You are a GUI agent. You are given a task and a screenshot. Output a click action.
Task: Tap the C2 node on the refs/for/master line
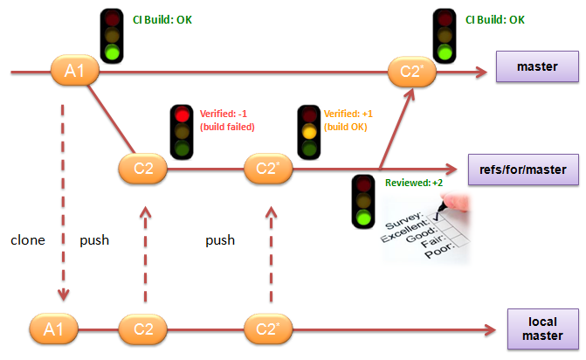click(x=144, y=168)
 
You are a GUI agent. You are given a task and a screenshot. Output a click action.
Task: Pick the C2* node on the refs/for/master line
click(x=265, y=168)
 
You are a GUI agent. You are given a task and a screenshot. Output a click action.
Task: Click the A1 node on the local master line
click(x=53, y=329)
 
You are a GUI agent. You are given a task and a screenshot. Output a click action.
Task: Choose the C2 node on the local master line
click(x=143, y=329)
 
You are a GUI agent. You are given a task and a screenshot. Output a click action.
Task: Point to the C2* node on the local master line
click(x=266, y=329)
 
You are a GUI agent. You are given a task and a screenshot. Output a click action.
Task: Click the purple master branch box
click(x=537, y=66)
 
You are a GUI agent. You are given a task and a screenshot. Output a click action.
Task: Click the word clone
click(x=28, y=239)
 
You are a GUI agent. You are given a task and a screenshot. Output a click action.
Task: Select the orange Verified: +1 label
click(x=348, y=120)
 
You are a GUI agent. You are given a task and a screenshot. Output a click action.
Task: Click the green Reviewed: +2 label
click(x=414, y=183)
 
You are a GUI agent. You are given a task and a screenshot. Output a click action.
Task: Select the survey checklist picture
click(x=426, y=225)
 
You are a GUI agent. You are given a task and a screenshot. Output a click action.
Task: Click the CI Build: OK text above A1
click(x=162, y=18)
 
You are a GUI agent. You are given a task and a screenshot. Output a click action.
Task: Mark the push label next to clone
click(x=94, y=239)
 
